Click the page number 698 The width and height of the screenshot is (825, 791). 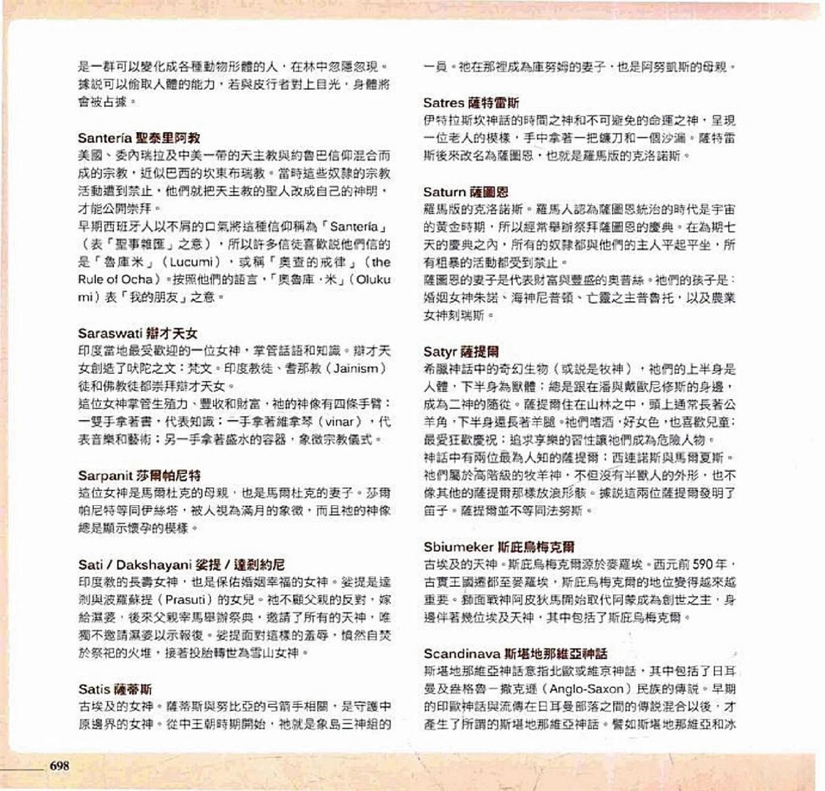point(59,766)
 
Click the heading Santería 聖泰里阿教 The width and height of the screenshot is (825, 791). point(139,138)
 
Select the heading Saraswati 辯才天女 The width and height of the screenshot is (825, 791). point(137,334)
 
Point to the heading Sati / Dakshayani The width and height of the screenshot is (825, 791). point(181,566)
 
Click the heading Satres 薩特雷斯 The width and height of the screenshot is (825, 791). point(471,103)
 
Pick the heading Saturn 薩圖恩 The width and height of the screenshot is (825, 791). point(465,192)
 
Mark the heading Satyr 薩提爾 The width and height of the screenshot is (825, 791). point(461,352)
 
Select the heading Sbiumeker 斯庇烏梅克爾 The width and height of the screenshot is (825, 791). point(498,548)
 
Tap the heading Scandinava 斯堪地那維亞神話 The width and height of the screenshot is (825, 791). point(515,654)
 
